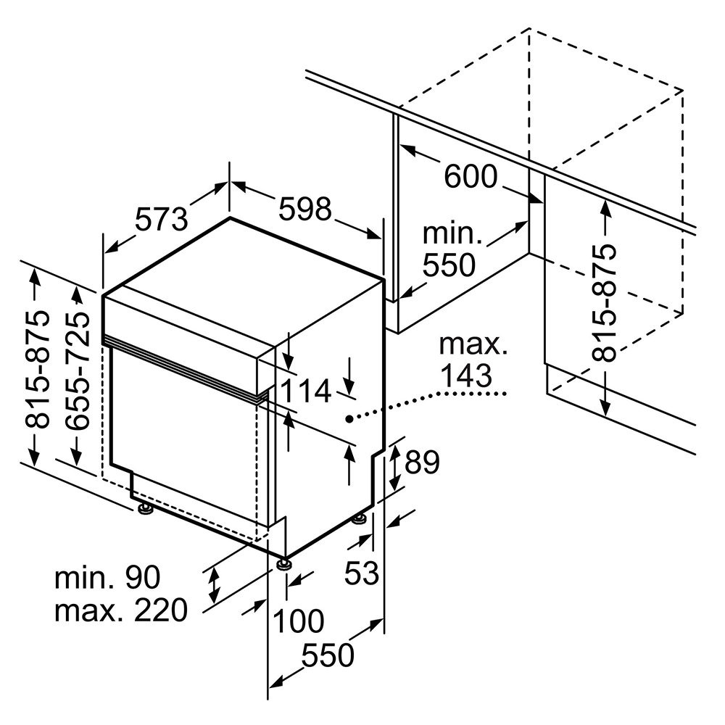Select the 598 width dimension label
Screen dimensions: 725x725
(x=305, y=209)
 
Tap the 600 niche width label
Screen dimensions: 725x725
(x=471, y=176)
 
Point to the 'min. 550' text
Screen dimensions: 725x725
(x=451, y=250)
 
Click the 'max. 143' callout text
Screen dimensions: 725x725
(x=473, y=360)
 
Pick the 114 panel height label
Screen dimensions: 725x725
(x=305, y=392)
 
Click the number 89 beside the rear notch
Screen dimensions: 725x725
(x=422, y=463)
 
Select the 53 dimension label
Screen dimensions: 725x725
(x=361, y=573)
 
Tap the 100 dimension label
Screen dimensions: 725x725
(x=299, y=621)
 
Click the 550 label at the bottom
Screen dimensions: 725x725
(x=328, y=656)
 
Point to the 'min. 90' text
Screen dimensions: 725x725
(x=107, y=578)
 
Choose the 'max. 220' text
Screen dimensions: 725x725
(x=120, y=611)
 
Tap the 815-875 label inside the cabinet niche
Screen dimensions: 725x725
(x=603, y=302)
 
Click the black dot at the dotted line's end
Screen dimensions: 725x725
(x=349, y=419)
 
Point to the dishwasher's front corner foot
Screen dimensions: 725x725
(x=282, y=563)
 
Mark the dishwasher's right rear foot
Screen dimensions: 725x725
(x=359, y=519)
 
